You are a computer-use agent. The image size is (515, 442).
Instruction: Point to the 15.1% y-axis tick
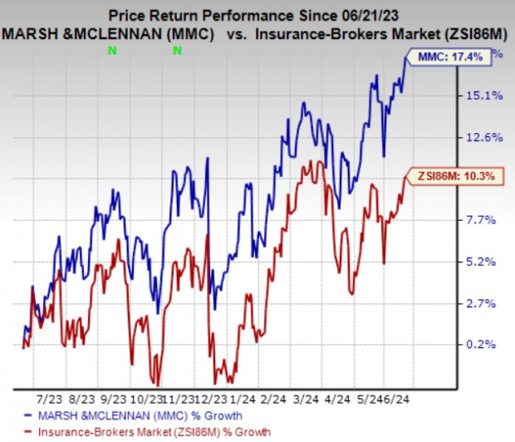481,96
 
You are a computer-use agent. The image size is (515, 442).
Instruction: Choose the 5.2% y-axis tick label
481,261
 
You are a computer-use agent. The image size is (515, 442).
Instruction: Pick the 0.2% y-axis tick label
481,344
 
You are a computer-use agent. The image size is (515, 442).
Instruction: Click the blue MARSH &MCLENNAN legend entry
115,414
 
